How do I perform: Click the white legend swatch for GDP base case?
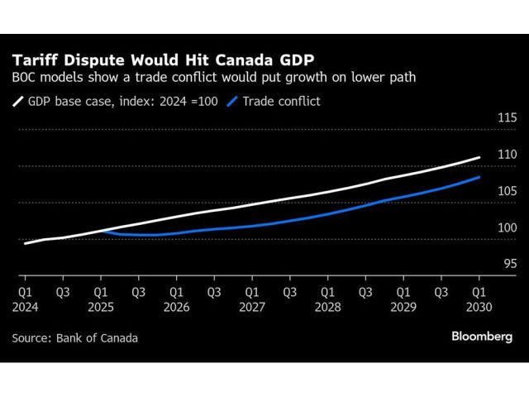(x=18, y=103)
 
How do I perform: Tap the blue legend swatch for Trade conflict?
(x=232, y=103)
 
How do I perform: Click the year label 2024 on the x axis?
(x=25, y=306)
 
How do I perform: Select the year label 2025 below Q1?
(x=100, y=306)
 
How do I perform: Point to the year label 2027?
(x=252, y=306)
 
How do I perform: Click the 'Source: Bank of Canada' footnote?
(x=75, y=337)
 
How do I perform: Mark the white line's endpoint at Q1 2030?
(x=479, y=157)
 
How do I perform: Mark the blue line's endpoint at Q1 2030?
(x=479, y=177)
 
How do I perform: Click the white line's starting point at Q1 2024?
(x=26, y=243)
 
